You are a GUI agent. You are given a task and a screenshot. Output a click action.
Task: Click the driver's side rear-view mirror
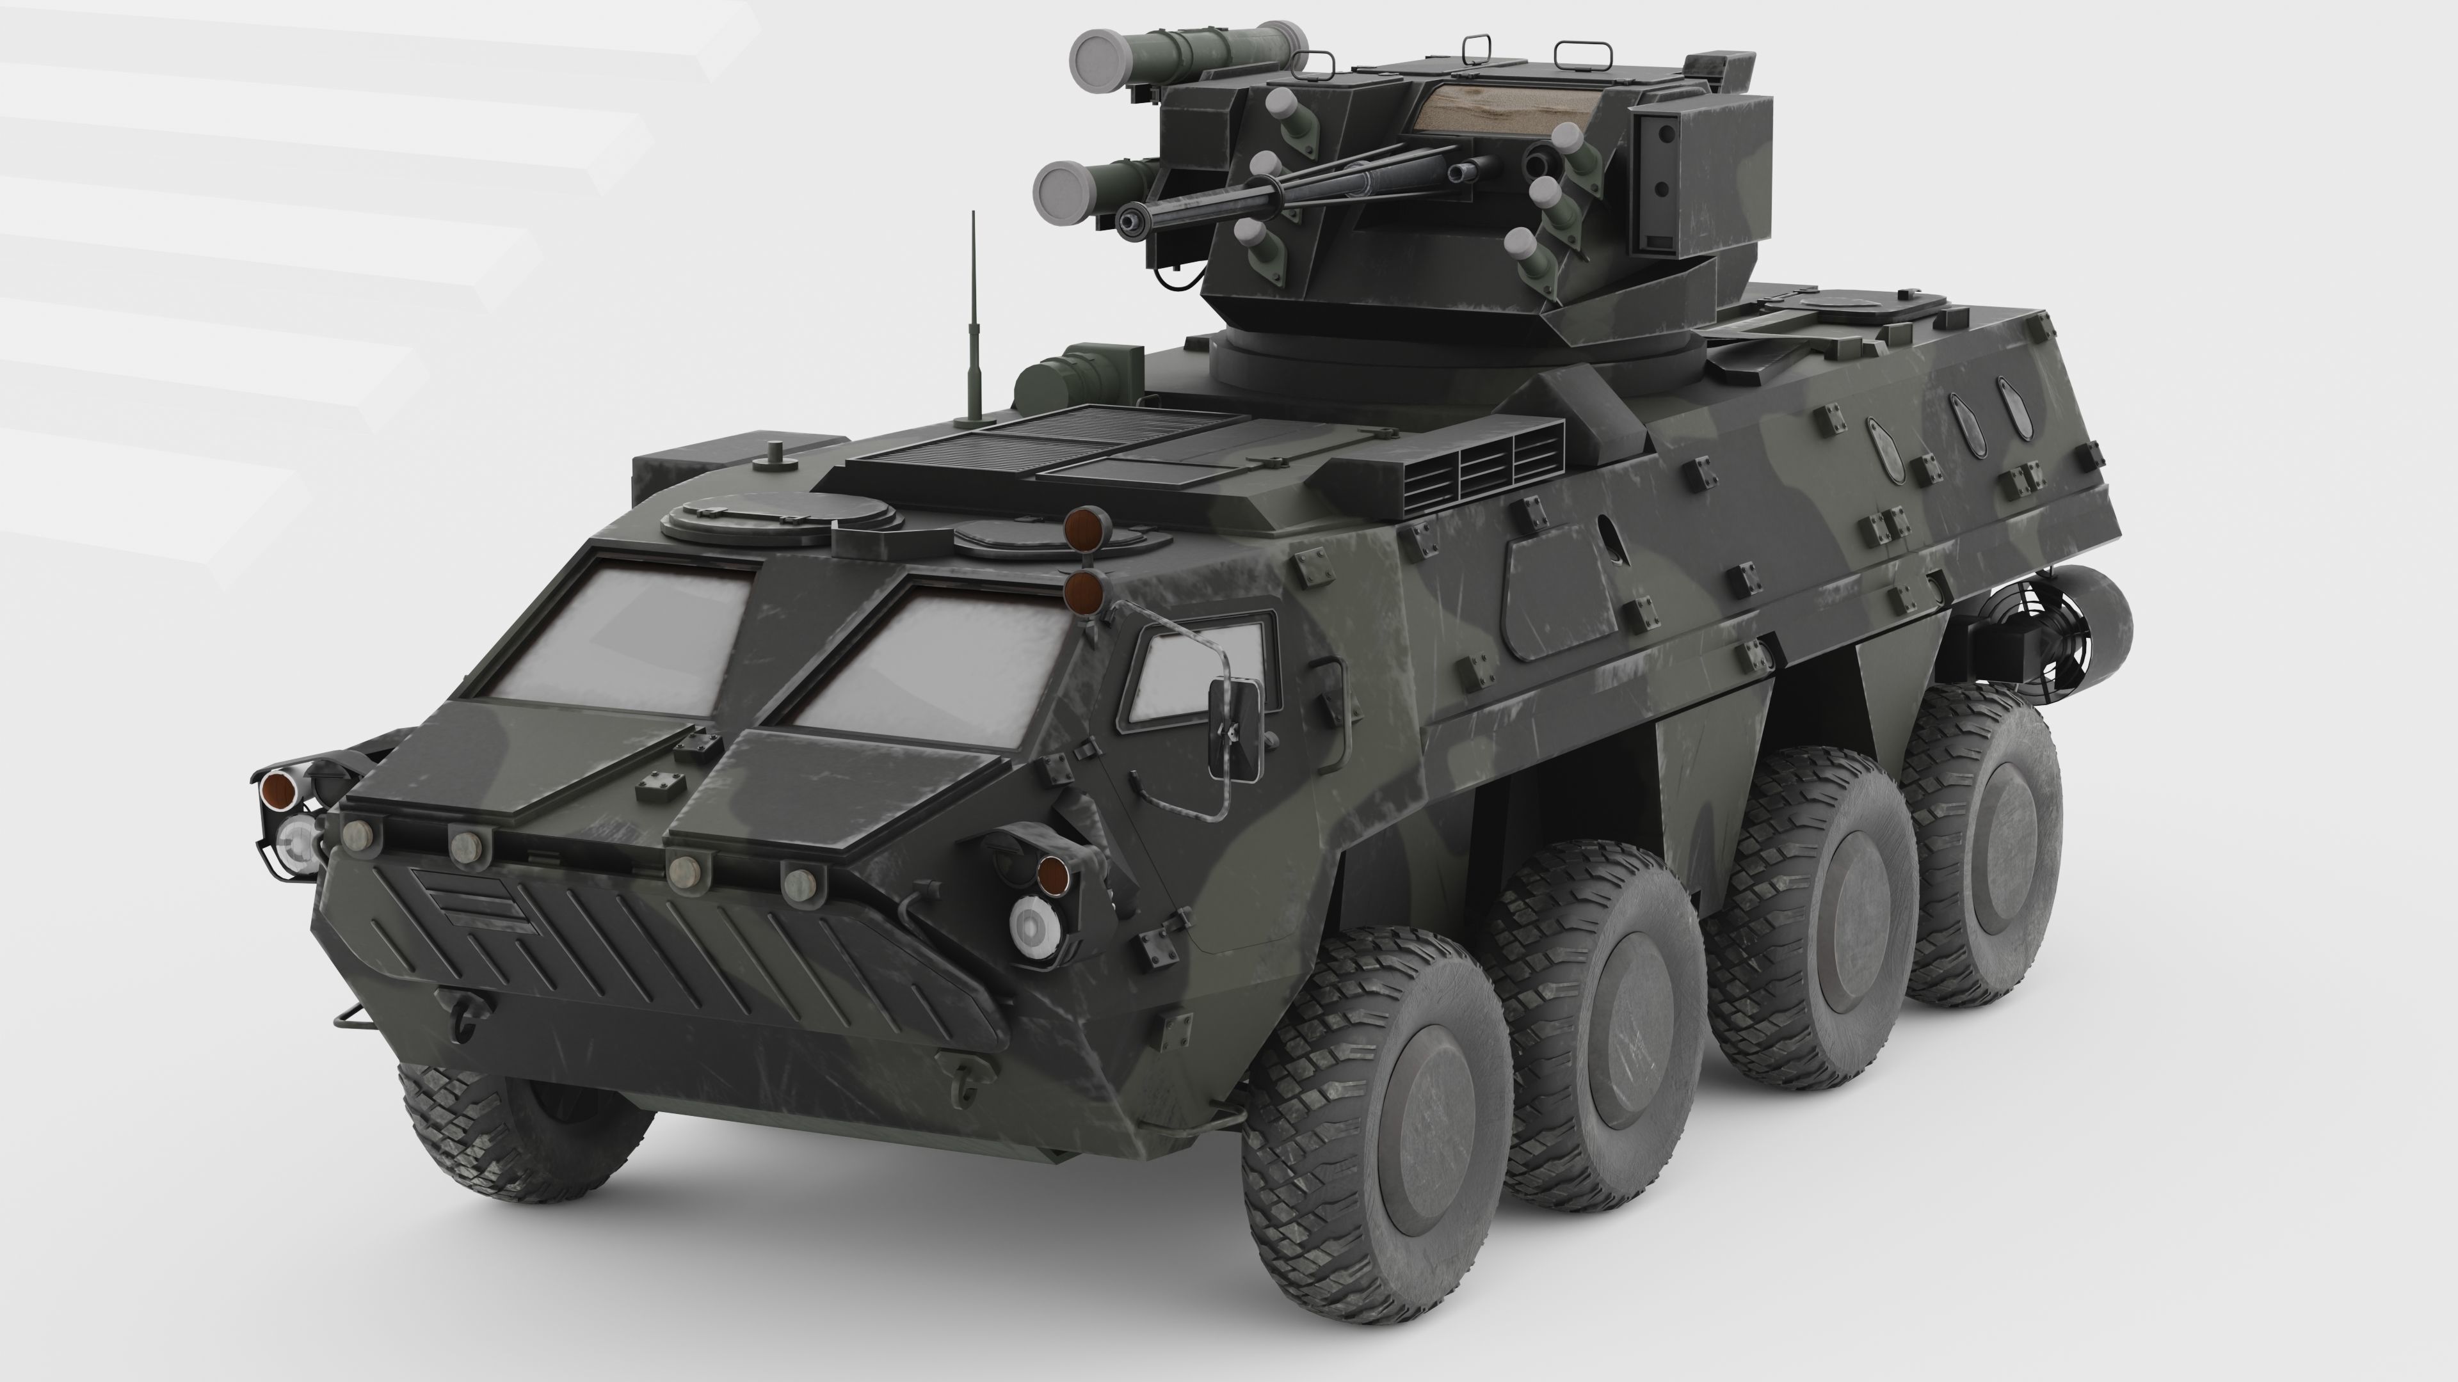tap(1237, 727)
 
